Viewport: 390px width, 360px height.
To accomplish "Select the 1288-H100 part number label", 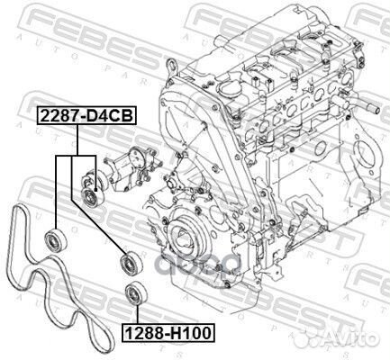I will pyautogui.click(x=168, y=333).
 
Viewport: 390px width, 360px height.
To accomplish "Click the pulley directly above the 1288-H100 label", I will pyautogui.click(x=136, y=293).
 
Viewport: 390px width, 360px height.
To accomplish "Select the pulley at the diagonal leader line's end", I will pyautogui.click(x=128, y=263).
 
